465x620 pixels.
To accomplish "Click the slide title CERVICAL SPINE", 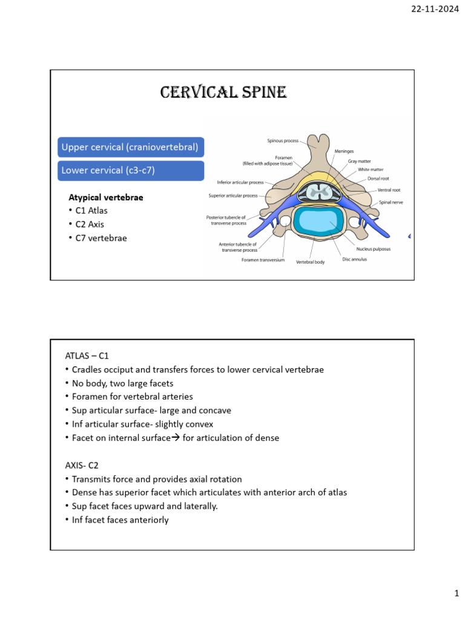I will [223, 92].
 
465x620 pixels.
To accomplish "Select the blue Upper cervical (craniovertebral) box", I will [130, 147].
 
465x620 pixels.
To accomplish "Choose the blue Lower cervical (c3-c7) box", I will [108, 170].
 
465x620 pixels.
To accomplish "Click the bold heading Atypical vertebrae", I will [106, 197].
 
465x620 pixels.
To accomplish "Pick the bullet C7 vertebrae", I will [99, 238].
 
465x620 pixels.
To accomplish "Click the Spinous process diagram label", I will [283, 140].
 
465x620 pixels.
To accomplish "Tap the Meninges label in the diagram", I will [345, 151].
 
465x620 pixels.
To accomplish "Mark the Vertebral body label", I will [310, 263].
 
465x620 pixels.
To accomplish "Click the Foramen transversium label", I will [262, 260].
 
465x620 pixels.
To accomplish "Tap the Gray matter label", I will [360, 162].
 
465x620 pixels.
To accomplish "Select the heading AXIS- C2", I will [82, 465].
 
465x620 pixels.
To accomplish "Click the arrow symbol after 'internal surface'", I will [176, 438].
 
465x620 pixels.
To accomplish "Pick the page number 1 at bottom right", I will [457, 595].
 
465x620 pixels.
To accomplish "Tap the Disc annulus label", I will [354, 260].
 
